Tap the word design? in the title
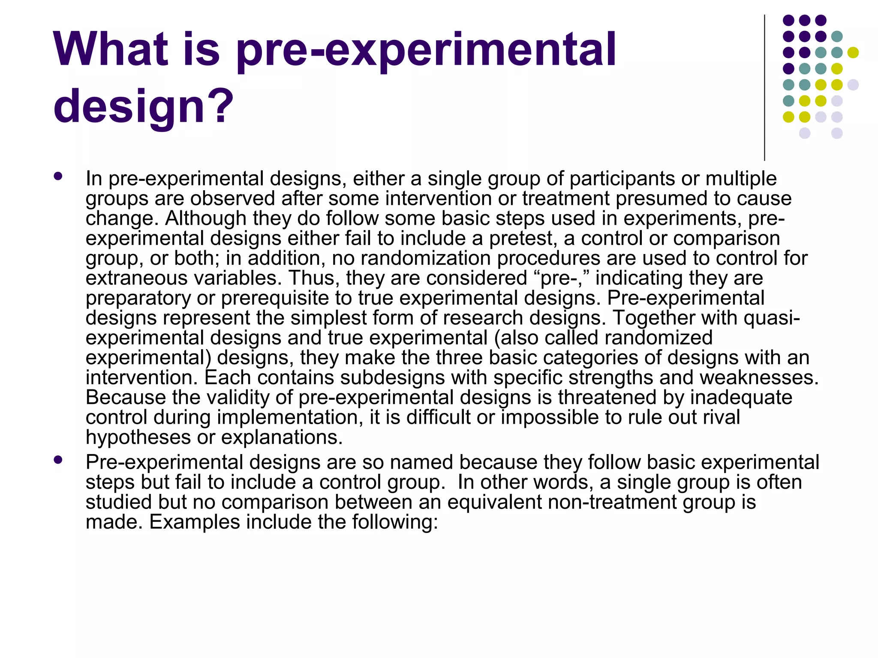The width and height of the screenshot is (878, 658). pos(143,106)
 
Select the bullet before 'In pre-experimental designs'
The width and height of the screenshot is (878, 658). pos(58,176)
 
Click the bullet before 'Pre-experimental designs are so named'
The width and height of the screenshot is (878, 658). pos(58,460)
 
